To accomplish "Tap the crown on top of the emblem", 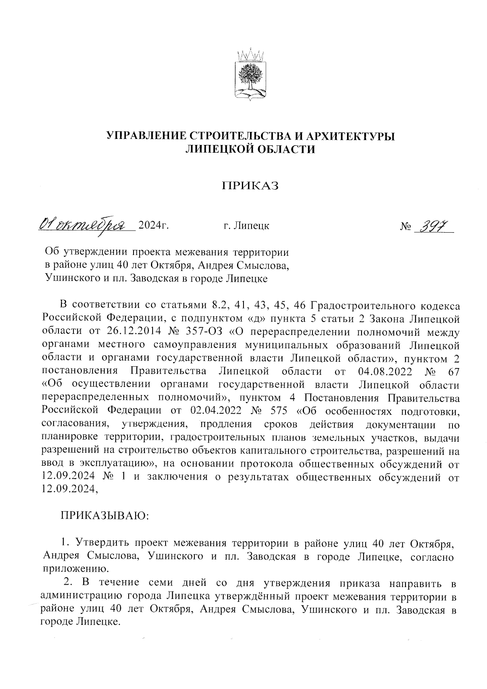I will click(250, 54).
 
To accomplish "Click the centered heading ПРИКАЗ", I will click(250, 186).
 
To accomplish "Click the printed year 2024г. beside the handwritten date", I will click(153, 225).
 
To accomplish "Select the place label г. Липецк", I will click(246, 225).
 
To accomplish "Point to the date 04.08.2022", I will click(386, 371).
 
